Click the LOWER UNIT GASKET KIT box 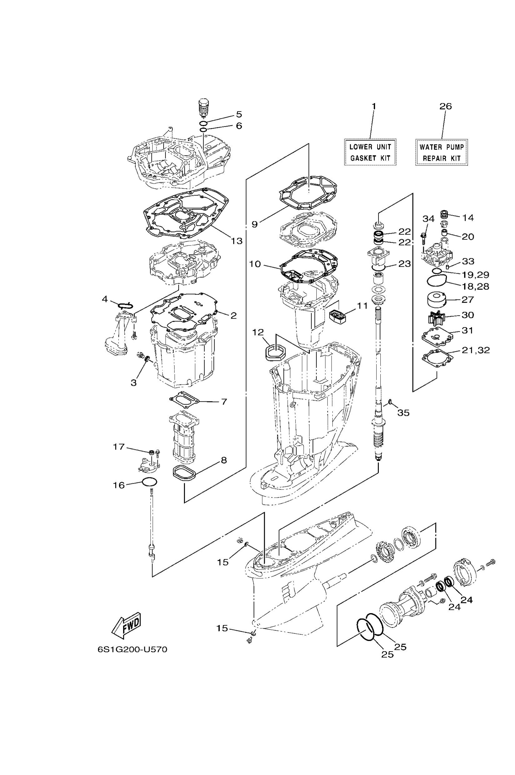pos(370,152)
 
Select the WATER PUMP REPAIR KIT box pos(441,152)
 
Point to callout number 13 pos(236,241)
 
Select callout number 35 pos(403,413)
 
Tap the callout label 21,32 pos(476,350)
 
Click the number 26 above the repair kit pos(446,106)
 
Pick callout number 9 pos(255,224)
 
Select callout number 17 pos(119,447)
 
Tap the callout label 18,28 pos(475,286)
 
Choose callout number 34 pos(428,219)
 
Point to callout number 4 pos(105,299)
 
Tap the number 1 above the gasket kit pos(374,106)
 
